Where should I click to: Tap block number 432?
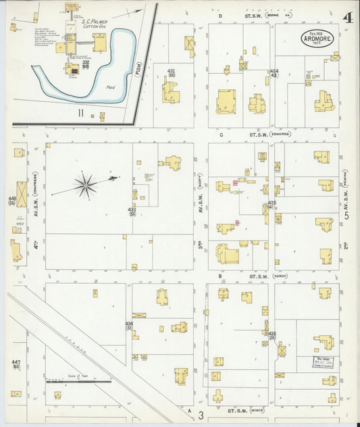pyautogui.click(x=171, y=71)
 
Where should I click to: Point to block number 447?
pyautogui.click(x=16, y=365)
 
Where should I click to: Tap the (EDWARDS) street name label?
pyautogui.click(x=279, y=134)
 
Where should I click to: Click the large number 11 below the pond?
pyautogui.click(x=80, y=113)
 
